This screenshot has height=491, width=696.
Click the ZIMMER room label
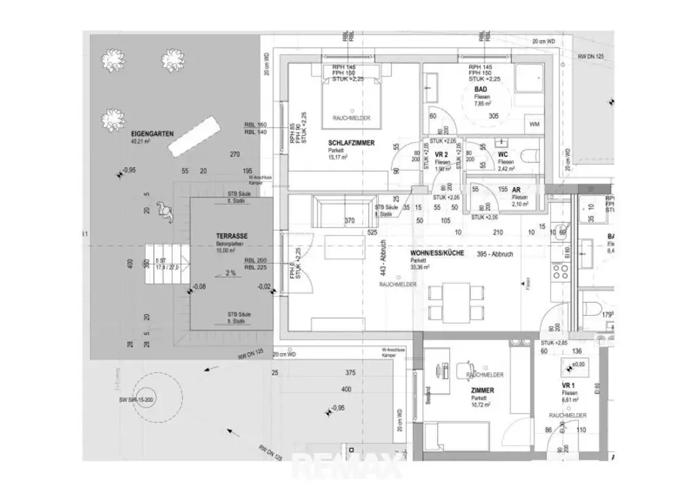(x=482, y=390)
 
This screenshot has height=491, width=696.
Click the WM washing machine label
(x=534, y=125)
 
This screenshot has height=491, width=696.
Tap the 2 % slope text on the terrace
(x=230, y=273)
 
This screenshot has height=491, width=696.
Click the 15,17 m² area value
(x=338, y=158)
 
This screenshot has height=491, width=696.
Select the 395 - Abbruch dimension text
(x=494, y=255)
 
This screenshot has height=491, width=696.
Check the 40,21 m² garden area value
(x=140, y=142)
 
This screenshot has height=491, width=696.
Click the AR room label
(x=516, y=190)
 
